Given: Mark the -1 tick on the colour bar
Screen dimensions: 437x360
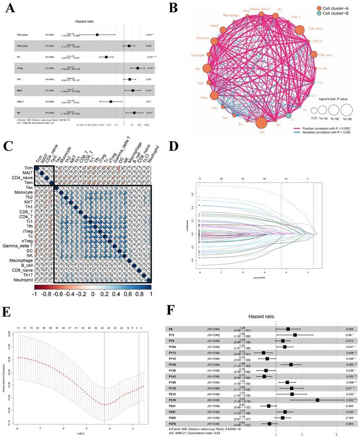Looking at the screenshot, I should [x=37, y=293].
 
